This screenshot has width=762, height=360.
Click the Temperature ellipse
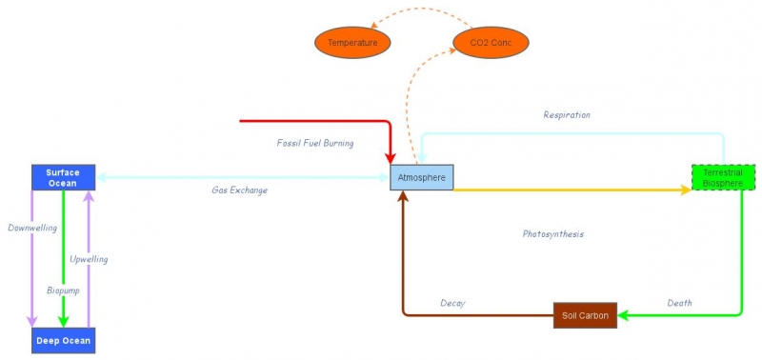352,43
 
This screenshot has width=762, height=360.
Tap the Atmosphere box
422,177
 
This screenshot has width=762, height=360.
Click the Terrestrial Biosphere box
723,177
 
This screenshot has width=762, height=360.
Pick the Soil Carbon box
585,315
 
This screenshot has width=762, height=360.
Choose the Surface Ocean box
63,177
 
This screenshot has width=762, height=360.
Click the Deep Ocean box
63,340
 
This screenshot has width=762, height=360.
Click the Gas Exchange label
239,190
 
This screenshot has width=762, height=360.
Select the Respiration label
567,115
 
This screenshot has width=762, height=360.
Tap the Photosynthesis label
552,233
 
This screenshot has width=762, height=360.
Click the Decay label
452,303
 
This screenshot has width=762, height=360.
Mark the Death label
679,303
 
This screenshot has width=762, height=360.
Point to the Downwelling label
32,229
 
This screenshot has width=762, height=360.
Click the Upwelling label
89,259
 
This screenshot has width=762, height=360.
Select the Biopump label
63,290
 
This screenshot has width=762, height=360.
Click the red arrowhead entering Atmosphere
391,156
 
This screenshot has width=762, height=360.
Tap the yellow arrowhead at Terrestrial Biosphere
685,190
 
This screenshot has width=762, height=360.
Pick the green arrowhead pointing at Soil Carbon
625,314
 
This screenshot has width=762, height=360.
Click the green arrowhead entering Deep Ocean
63,321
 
